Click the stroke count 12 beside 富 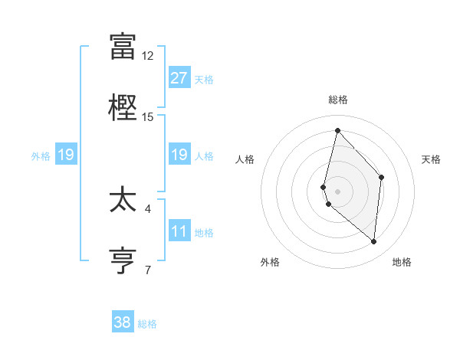[x=147, y=56]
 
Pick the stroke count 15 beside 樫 [x=147, y=116]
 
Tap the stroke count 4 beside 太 [x=148, y=208]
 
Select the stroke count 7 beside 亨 [x=148, y=269]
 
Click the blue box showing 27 [x=179, y=78]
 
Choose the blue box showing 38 [x=123, y=322]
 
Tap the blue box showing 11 [x=179, y=231]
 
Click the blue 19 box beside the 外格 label [x=66, y=155]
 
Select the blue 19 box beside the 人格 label [x=179, y=155]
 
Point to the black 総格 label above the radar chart [x=338, y=100]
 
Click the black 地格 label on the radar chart [x=402, y=262]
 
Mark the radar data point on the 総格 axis [x=337, y=130]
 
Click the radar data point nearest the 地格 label [x=373, y=241]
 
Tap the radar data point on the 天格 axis [x=381, y=177]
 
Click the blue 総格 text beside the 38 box [x=147, y=324]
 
